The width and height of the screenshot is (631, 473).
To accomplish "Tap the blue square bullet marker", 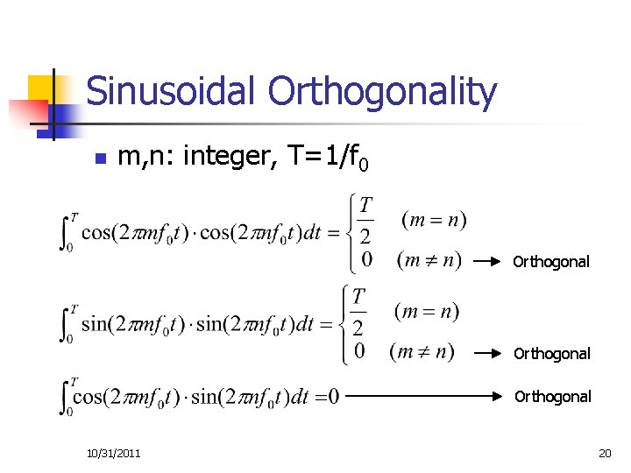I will [x=99, y=159].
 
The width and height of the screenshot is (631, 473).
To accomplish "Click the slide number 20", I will [x=605, y=452].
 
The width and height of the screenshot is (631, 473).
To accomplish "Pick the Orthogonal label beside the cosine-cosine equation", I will [x=551, y=262].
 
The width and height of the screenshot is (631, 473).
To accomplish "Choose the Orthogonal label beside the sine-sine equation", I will [x=552, y=354].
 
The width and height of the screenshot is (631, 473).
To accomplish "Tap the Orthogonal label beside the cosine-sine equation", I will [x=552, y=397].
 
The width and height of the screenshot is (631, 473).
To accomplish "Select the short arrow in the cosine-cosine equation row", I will [x=490, y=261].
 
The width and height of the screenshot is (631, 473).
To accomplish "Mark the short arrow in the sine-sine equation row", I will [x=490, y=354].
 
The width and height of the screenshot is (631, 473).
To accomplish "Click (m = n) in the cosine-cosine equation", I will [x=434, y=219].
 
